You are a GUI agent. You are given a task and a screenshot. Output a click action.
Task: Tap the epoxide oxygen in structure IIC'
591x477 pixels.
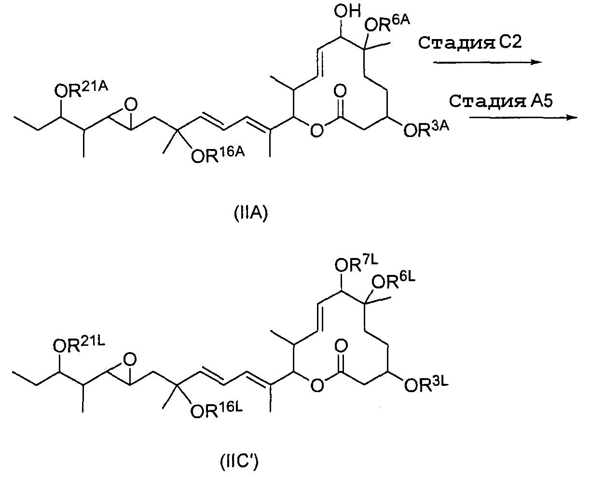pyautogui.click(x=129, y=359)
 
